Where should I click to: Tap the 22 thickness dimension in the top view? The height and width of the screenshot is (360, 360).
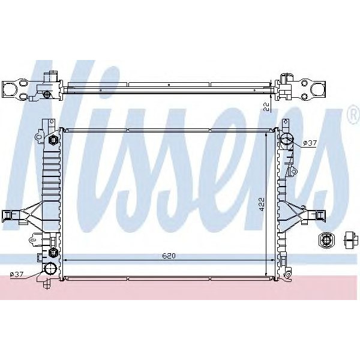pyautogui.click(x=266, y=106)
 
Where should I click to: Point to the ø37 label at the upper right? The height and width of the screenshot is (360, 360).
pyautogui.click(x=309, y=143)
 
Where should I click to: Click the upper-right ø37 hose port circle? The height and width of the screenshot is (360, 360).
pyautogui.click(x=287, y=142)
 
